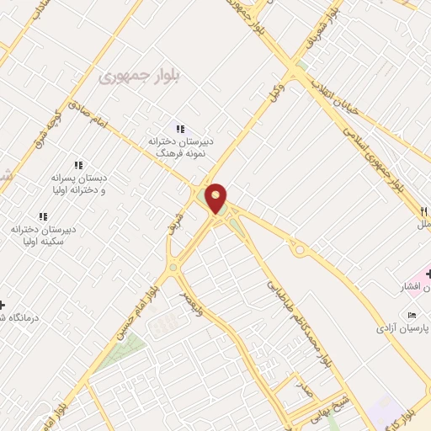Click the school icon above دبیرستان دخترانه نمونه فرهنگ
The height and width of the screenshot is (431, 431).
(179, 128)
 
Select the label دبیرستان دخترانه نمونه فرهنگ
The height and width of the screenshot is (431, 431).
(182, 147)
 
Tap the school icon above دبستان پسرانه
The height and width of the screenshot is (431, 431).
(78, 165)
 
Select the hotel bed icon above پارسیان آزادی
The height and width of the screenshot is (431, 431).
(412, 315)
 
